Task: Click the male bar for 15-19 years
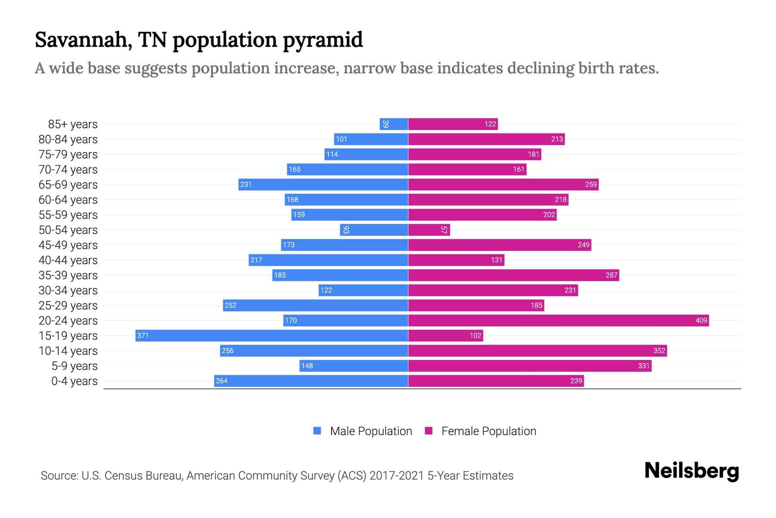click(272, 335)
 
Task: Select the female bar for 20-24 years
click(558, 320)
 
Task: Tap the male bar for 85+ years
click(394, 124)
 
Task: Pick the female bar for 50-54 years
click(429, 230)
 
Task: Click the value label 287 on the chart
click(611, 275)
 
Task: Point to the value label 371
click(143, 335)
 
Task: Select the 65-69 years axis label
click(68, 185)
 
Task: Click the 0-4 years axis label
click(74, 381)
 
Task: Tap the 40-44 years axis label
click(68, 260)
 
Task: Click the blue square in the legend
click(317, 431)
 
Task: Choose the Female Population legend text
click(488, 431)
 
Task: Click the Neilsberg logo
click(692, 471)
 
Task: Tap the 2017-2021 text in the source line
click(397, 476)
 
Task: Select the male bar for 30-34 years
click(363, 290)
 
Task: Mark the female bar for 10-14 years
click(537, 351)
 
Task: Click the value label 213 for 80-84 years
click(557, 139)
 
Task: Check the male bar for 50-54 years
click(374, 230)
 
